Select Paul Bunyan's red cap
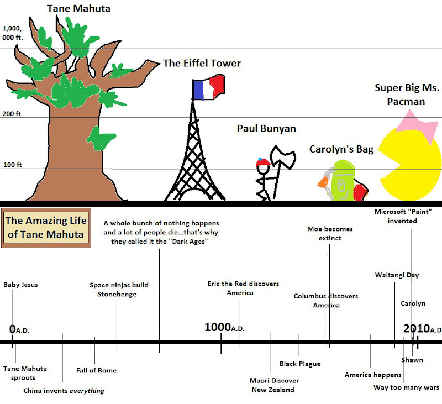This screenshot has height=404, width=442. point(262,162)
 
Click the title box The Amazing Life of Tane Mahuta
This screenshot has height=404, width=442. point(46,227)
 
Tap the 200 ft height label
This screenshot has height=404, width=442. point(12,114)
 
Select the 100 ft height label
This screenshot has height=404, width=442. point(12,165)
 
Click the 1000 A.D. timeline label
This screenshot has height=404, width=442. point(224,328)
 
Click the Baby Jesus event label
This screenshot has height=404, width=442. point(20,285)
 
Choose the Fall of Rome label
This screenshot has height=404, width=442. point(96,370)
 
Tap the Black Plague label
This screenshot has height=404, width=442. point(300,364)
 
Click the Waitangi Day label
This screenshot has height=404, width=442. point(397,275)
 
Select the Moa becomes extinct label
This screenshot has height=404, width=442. point(330,233)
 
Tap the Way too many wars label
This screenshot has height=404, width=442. point(406,387)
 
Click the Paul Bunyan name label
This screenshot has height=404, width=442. point(266,129)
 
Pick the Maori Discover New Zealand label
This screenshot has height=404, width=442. point(274,385)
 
